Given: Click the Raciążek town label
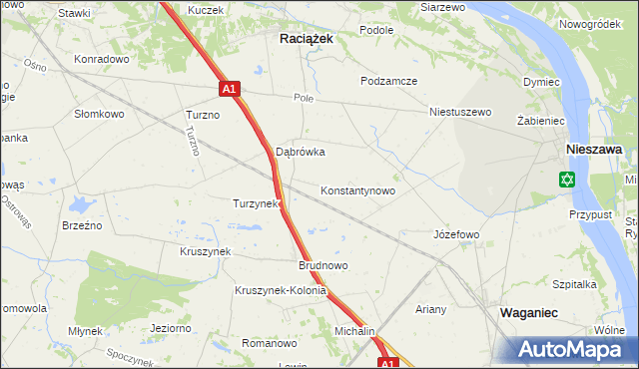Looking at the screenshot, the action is click(x=305, y=37).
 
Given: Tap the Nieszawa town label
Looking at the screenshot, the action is click(x=594, y=149).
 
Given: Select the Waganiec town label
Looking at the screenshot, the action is click(x=528, y=313).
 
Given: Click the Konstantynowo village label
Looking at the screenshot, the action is click(x=357, y=190).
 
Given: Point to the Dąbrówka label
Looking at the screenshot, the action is click(x=301, y=153).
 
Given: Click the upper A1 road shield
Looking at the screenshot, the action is click(x=230, y=89).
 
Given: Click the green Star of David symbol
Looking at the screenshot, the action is click(x=567, y=180).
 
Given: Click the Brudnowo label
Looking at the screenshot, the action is click(x=322, y=266).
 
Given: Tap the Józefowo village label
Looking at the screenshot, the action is click(x=456, y=234).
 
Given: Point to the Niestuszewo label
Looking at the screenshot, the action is click(x=460, y=112).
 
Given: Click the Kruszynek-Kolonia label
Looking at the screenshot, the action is click(x=281, y=291).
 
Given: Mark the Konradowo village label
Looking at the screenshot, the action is click(x=102, y=59).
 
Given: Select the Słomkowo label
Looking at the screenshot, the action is click(x=99, y=114).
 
